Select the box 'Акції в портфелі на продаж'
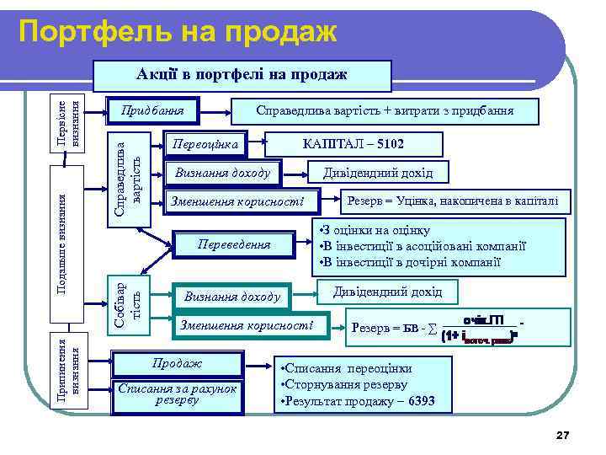pos(242,75)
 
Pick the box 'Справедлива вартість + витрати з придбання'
pos(386,110)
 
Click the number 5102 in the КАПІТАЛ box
pos(388,145)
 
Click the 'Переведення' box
pos(233,245)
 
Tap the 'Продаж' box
pos(176,364)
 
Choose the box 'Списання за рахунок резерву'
pos(177,393)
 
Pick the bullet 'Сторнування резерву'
pos(339,385)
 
